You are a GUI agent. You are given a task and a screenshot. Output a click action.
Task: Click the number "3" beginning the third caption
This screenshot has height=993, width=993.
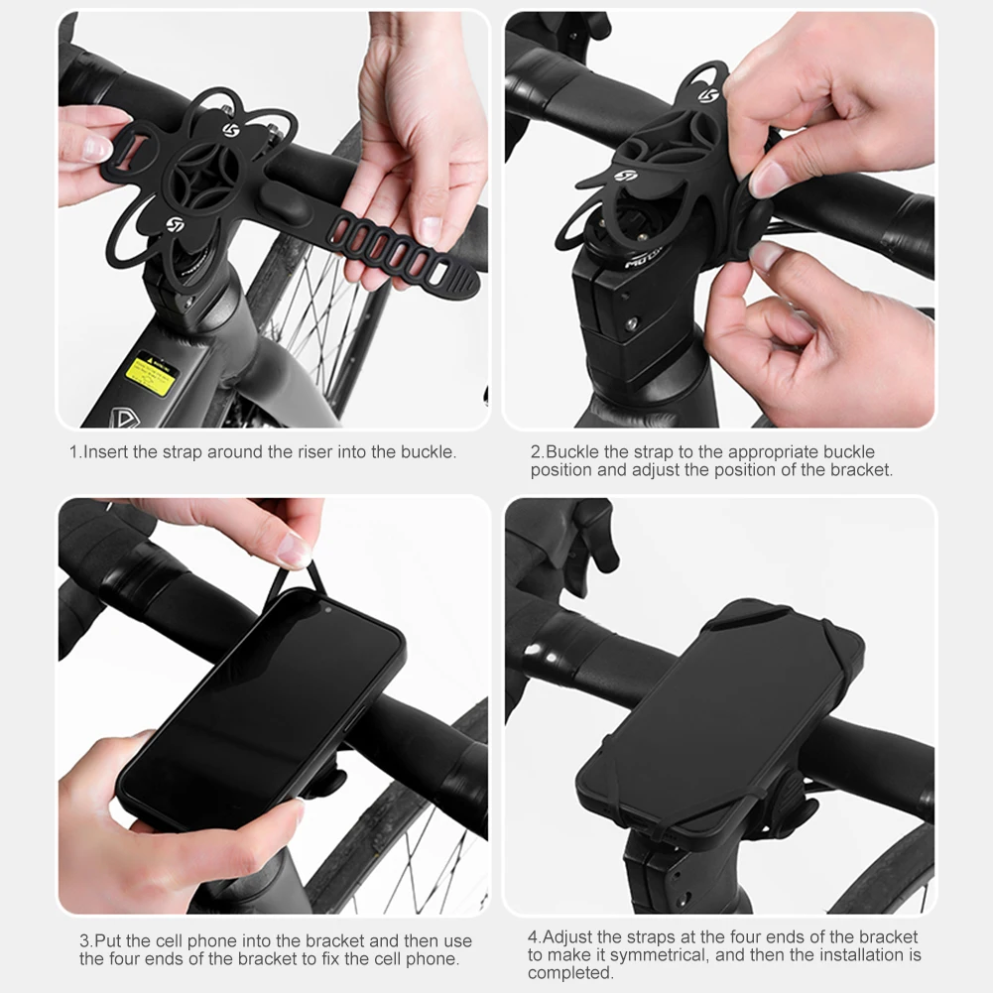click(84, 940)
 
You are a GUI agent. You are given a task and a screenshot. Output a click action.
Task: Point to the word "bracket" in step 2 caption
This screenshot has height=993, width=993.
click(859, 469)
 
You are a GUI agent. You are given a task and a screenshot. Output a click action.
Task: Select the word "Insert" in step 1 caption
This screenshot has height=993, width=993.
click(106, 452)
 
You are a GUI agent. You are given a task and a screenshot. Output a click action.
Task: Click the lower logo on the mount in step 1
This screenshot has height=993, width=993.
click(176, 224)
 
